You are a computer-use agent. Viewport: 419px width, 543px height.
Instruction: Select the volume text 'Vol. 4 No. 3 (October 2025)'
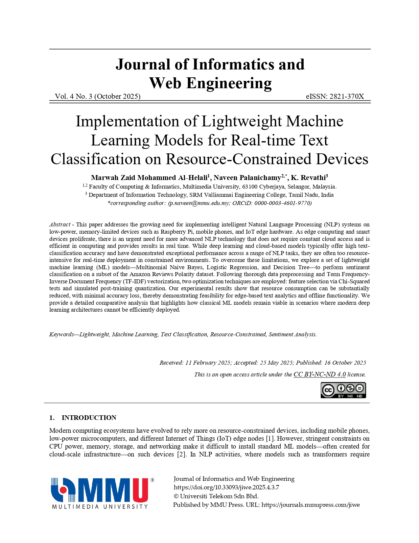tap(98, 96)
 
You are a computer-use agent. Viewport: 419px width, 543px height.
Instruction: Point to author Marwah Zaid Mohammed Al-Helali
tap(149, 178)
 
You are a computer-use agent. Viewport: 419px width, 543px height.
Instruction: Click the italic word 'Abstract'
tap(60, 224)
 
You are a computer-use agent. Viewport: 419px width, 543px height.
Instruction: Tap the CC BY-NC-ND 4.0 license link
tap(319, 375)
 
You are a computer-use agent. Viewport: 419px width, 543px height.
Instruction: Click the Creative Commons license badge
tap(343, 390)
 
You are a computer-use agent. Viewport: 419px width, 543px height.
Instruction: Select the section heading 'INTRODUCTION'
tap(89, 418)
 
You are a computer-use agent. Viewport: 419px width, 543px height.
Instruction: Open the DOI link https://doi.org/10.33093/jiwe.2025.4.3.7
tap(226, 487)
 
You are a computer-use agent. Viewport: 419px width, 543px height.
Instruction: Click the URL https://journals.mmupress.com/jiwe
tap(311, 505)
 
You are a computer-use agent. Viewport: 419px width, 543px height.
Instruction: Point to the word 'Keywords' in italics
tap(61, 335)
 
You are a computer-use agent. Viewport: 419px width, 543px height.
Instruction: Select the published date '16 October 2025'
tap(345, 363)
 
